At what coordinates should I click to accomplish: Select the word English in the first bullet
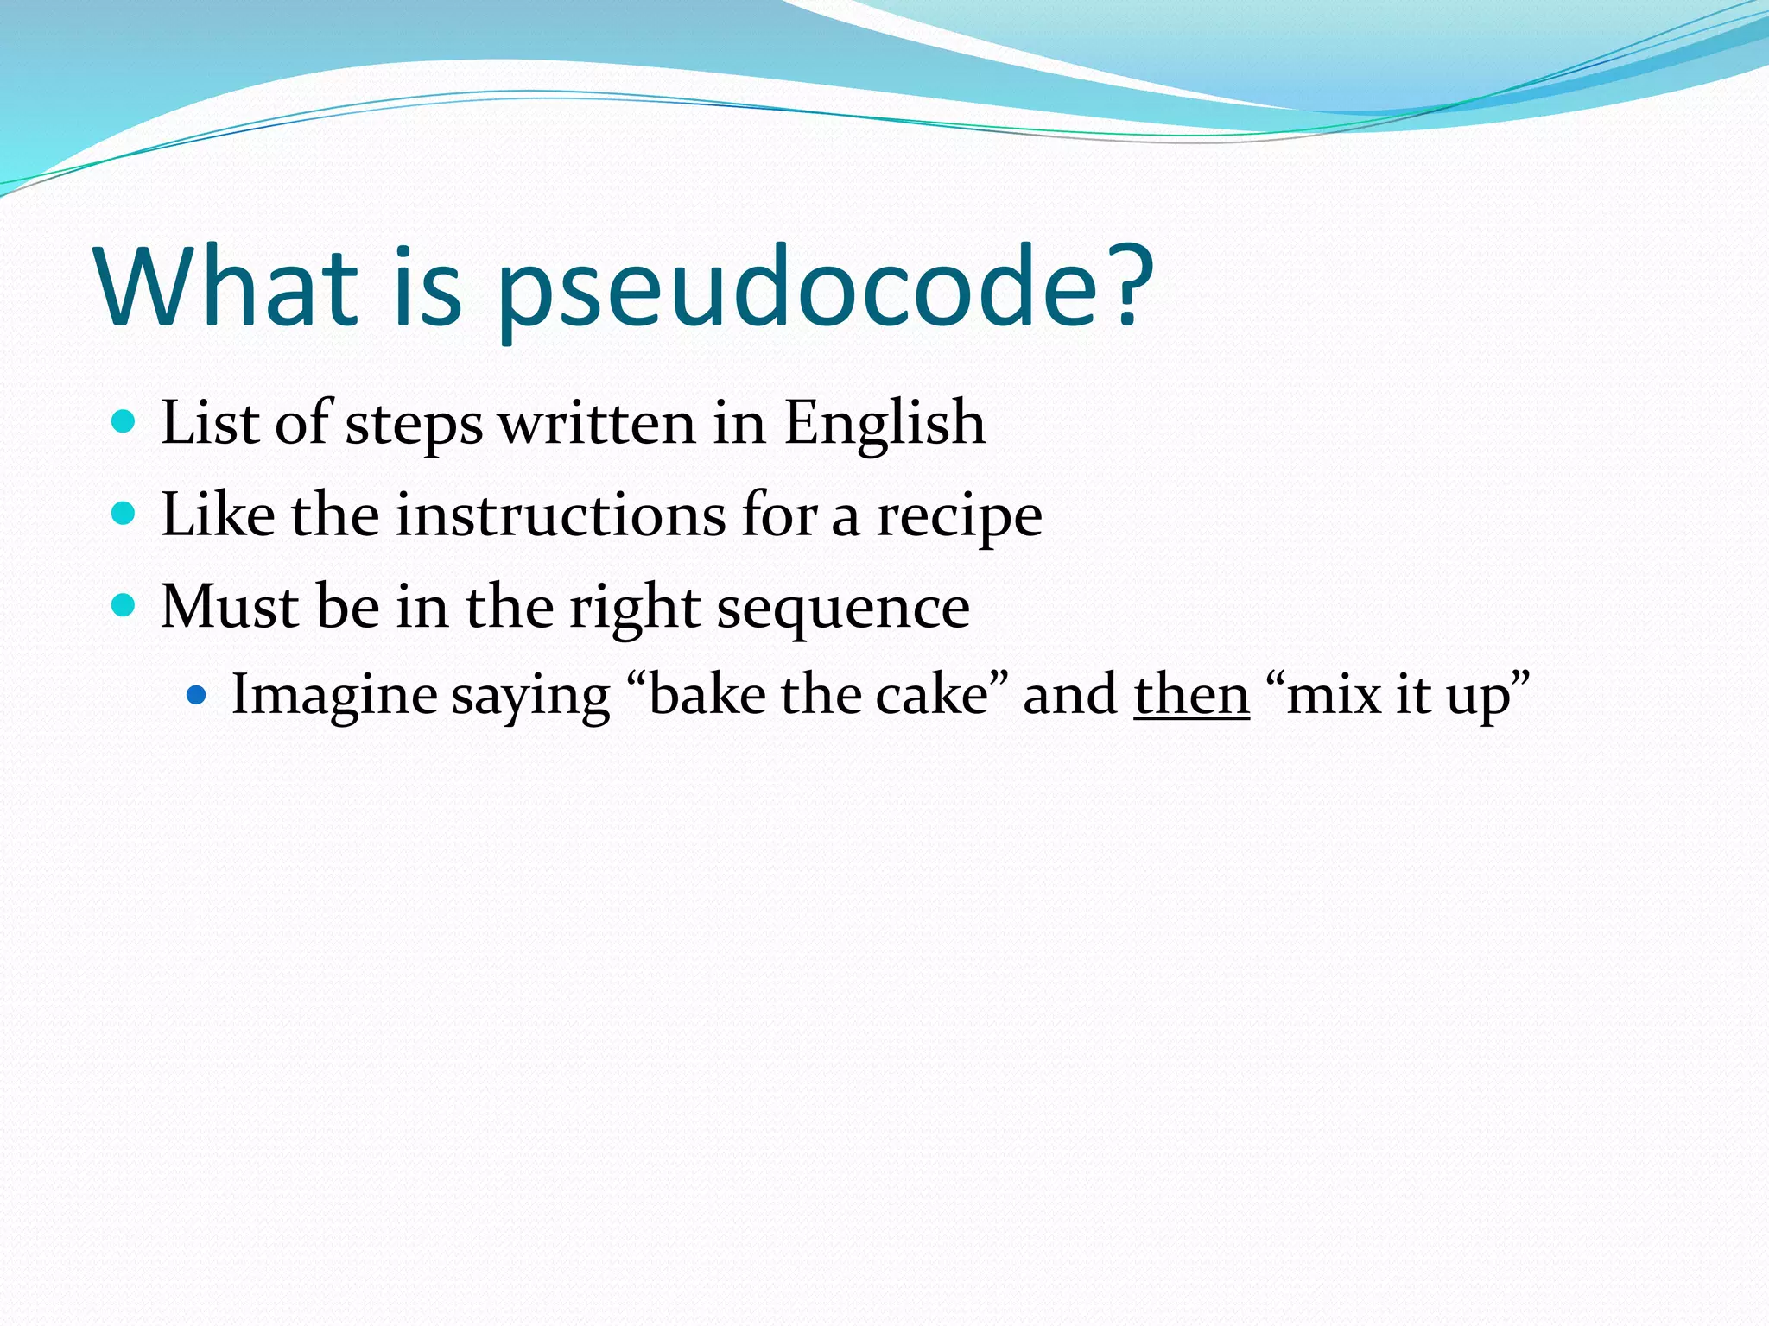pyautogui.click(x=884, y=425)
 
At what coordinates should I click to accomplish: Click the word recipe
pyautogui.click(x=959, y=517)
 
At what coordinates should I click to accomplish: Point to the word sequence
pyautogui.click(x=843, y=608)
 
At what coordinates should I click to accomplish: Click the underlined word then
pyautogui.click(x=1191, y=695)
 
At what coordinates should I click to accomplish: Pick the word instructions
pyautogui.click(x=561, y=516)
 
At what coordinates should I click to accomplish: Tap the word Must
pyautogui.click(x=230, y=607)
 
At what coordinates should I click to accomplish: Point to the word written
pyautogui.click(x=597, y=425)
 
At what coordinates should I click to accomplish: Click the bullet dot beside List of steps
pyautogui.click(x=124, y=422)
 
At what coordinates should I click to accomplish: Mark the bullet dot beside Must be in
pyautogui.click(x=124, y=605)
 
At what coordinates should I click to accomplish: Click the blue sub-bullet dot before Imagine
pyautogui.click(x=198, y=693)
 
